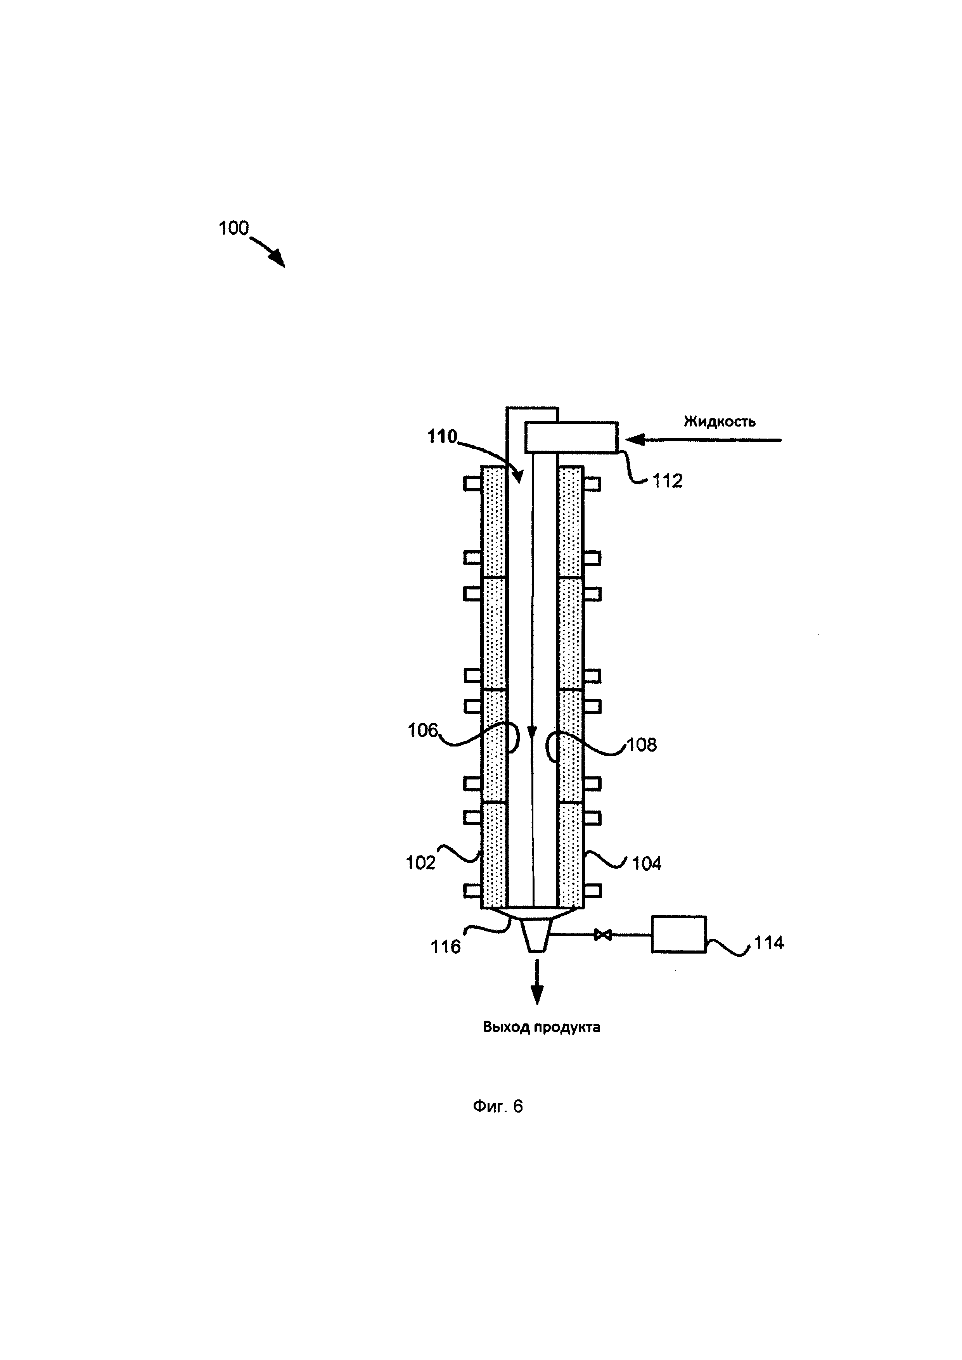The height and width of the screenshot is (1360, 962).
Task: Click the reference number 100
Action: [x=234, y=228]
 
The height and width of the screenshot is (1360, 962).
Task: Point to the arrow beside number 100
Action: [x=270, y=252]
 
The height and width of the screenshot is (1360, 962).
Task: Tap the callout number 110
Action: [x=443, y=437]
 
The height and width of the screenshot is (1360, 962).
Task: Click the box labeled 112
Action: [x=571, y=437]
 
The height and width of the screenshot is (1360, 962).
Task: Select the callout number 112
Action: [x=668, y=481]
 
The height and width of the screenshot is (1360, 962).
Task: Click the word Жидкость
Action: [x=719, y=421]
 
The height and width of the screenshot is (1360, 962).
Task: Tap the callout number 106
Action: [x=422, y=730]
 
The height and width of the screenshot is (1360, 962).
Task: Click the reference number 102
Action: [x=420, y=863]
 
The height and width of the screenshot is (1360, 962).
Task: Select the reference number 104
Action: [x=646, y=864]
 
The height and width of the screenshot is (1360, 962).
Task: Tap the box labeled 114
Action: [x=678, y=934]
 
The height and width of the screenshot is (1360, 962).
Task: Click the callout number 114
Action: [x=769, y=942]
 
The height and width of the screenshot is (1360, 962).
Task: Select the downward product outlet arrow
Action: [x=537, y=983]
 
